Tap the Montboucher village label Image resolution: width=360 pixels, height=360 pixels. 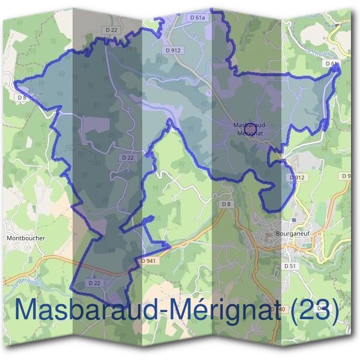(x=26, y=238)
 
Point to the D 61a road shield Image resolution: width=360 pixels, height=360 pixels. (x=196, y=19)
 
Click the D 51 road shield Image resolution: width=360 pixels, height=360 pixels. (x=290, y=265)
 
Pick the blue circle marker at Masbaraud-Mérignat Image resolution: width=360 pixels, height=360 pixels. (x=251, y=128)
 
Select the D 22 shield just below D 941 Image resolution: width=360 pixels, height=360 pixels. (x=94, y=282)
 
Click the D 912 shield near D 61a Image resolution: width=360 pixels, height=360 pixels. (x=173, y=50)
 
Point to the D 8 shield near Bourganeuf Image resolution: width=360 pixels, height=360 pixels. (x=226, y=205)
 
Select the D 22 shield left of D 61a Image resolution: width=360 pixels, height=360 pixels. (x=110, y=29)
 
